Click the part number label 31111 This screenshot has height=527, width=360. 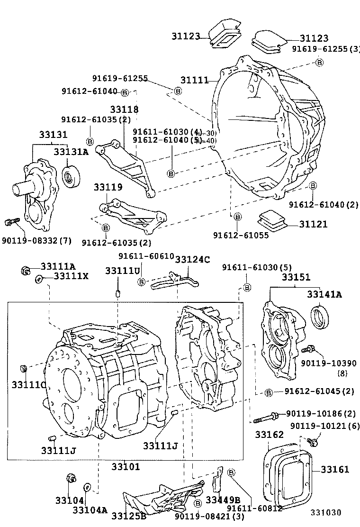click(x=194, y=80)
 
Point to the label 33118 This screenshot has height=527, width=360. click(x=125, y=110)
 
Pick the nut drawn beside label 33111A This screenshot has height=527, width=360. click(x=27, y=271)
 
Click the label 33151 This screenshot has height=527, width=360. click(x=296, y=277)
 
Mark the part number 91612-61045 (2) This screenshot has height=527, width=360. click(x=313, y=391)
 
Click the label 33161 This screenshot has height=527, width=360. click(x=334, y=470)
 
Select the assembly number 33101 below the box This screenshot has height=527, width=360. click(x=126, y=466)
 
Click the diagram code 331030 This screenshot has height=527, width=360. click(x=326, y=512)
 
